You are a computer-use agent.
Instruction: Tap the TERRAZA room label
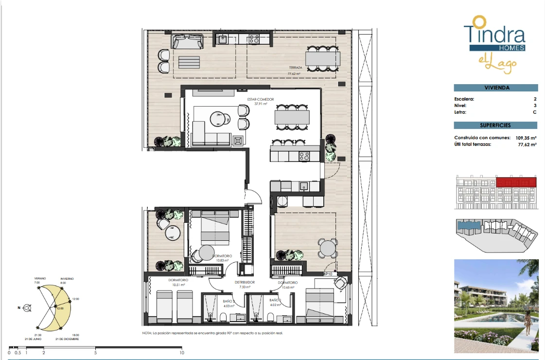click(x=295, y=68)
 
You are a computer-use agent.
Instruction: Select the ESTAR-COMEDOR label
click(x=261, y=99)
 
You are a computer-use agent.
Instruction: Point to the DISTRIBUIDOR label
click(x=245, y=282)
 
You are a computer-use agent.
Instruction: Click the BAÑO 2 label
click(x=229, y=301)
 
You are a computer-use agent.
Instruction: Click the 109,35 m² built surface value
click(x=527, y=138)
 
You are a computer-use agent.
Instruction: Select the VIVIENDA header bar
click(x=496, y=88)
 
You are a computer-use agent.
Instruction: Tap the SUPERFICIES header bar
click(x=496, y=125)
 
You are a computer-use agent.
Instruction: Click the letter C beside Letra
click(x=534, y=112)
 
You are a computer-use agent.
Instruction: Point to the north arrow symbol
click(x=28, y=307)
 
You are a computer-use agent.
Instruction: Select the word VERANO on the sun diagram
click(x=40, y=278)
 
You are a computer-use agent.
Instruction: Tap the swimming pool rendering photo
click(x=496, y=305)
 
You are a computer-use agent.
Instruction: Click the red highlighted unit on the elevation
click(x=516, y=182)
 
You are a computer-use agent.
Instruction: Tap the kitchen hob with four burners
click(x=304, y=156)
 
